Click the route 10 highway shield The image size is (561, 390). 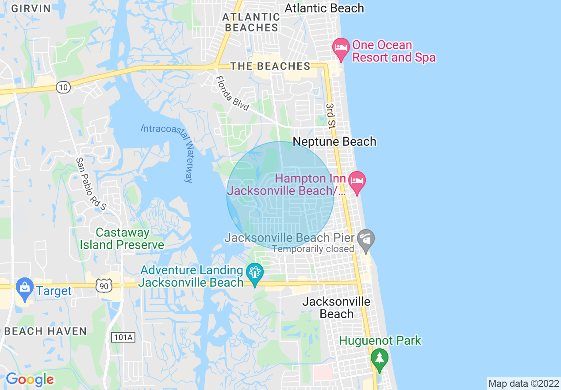[63, 87]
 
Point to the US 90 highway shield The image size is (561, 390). [103, 286]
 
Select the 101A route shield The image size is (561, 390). [123, 337]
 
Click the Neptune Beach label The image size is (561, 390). [334, 142]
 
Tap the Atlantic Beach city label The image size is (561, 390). [324, 8]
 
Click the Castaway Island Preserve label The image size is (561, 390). [122, 238]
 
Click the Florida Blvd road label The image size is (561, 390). [232, 94]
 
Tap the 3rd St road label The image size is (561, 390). [330, 116]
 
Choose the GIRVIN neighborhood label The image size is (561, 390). [31, 8]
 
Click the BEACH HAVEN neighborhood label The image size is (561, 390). [46, 331]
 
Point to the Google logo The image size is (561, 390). [30, 379]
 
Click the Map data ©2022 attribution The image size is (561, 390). [523, 383]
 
